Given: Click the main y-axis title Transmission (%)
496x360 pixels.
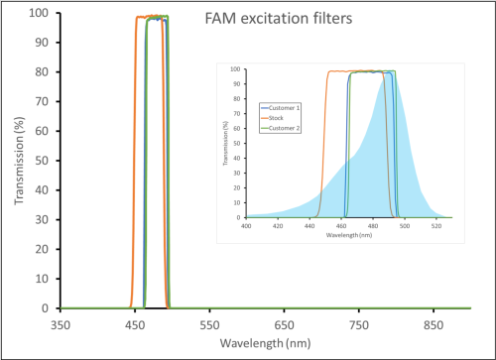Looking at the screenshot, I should click(18, 159).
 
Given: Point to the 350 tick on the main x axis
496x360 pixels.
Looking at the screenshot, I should click(61, 323).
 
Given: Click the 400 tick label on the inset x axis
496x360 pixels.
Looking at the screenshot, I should click(246, 225).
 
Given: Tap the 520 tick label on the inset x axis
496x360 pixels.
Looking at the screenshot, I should click(436, 225).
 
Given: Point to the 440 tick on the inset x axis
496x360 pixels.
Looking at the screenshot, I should click(310, 225).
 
